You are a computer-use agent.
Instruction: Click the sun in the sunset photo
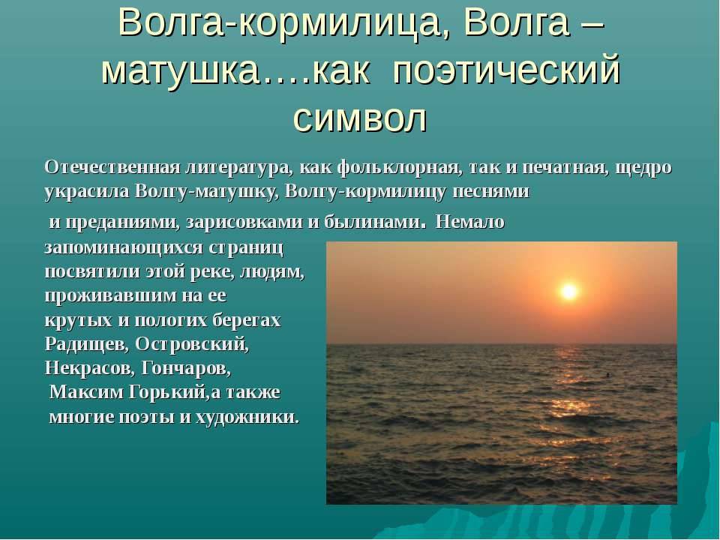[569, 291]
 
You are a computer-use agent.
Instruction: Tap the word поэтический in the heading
[507, 72]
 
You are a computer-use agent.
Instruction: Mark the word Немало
[469, 223]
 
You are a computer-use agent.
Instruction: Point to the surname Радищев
[87, 344]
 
